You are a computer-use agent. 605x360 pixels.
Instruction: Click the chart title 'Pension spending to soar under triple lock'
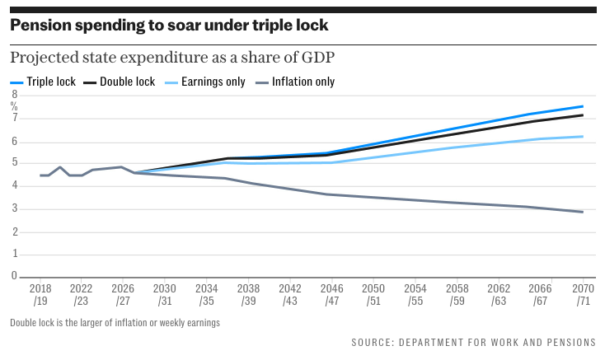coord(169,26)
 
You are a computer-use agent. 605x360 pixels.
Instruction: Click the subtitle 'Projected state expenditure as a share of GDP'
coord(174,58)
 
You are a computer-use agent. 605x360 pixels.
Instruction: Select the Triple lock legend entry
coord(45,82)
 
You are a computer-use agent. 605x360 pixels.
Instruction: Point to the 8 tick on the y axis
coord(14,95)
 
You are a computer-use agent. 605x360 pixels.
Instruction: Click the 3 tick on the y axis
coord(14,209)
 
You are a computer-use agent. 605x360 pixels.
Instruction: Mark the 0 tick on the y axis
coord(14,277)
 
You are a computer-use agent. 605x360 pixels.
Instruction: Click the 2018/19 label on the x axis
coord(40,296)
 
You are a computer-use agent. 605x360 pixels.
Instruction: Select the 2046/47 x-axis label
coord(331,296)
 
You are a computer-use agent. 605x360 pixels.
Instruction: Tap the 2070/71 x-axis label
coord(582,296)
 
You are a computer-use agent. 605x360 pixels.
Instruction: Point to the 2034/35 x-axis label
coord(207,296)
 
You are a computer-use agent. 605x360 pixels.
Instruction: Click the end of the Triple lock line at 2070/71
coord(583,106)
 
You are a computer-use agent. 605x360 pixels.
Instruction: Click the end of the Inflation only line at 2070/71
coord(583,213)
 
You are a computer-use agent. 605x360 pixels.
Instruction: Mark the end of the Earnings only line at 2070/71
coord(583,137)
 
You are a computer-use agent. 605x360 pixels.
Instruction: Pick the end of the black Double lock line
coord(583,115)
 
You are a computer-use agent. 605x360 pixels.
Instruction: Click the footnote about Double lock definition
coord(115,323)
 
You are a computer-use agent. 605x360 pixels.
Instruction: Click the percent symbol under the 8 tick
coord(14,105)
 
